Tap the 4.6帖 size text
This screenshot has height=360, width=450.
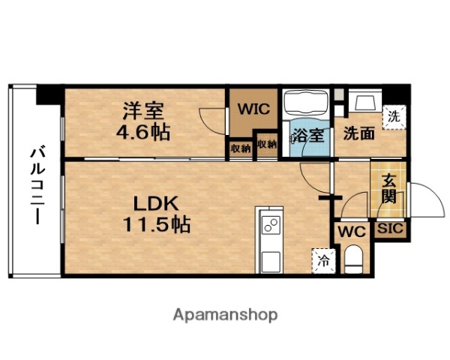click(x=145, y=133)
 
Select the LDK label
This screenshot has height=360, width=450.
click(x=157, y=203)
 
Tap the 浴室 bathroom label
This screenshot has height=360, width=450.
click(x=307, y=136)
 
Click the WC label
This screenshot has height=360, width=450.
click(x=349, y=231)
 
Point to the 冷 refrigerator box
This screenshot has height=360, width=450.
click(x=322, y=261)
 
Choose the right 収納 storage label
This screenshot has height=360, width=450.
click(x=265, y=145)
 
